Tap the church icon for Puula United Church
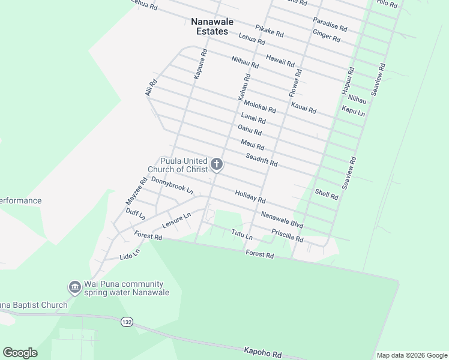coord(217,164)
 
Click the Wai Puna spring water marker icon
coord(74,288)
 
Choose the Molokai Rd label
coord(260,107)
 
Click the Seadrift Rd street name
coord(261,160)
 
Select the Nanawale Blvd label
coord(282,220)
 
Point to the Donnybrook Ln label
coord(172,185)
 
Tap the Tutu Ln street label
coord(242,235)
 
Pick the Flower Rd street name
coord(294,82)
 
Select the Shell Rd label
coord(327,193)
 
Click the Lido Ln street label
coord(130,254)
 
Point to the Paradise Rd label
coord(330,24)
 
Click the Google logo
coord(20,353)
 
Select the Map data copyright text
coord(411,355)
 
